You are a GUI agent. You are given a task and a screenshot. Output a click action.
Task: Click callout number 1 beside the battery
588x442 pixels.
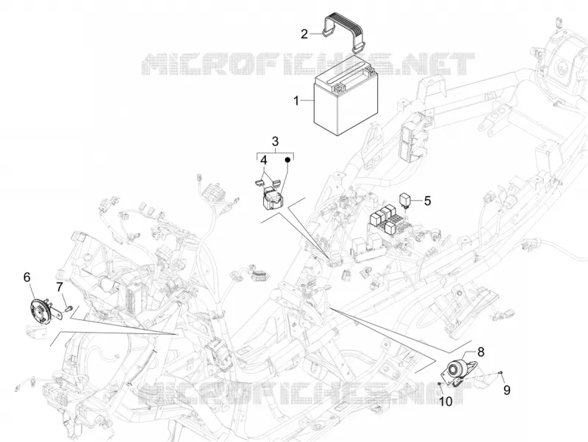coord(296,101)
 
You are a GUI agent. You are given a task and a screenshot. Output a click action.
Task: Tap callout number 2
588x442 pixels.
coord(304,34)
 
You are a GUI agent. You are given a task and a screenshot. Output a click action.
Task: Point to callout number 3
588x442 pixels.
coord(275,142)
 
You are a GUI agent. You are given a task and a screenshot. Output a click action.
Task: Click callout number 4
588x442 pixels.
coord(264,160)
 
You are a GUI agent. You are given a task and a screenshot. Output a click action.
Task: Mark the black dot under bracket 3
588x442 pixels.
coord(288,160)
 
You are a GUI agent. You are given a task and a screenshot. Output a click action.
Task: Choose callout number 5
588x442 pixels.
coord(428,200)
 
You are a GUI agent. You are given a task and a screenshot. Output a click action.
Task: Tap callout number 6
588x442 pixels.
coord(26,278)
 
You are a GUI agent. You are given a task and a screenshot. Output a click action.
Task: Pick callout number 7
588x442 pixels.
coord(60,287)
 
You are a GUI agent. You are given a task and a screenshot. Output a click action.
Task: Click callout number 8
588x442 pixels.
coord(481,352)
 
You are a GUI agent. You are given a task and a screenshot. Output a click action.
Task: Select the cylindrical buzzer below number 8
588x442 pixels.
coord(457,369)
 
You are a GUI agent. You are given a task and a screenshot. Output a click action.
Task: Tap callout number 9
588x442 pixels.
coord(507,391)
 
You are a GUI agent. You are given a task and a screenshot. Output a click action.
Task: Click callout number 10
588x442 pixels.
coord(446,402)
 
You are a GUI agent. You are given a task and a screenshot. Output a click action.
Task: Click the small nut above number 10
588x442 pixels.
coord(440,384)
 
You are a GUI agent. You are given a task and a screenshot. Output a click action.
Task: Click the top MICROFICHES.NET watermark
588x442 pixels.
coord(307,64)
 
